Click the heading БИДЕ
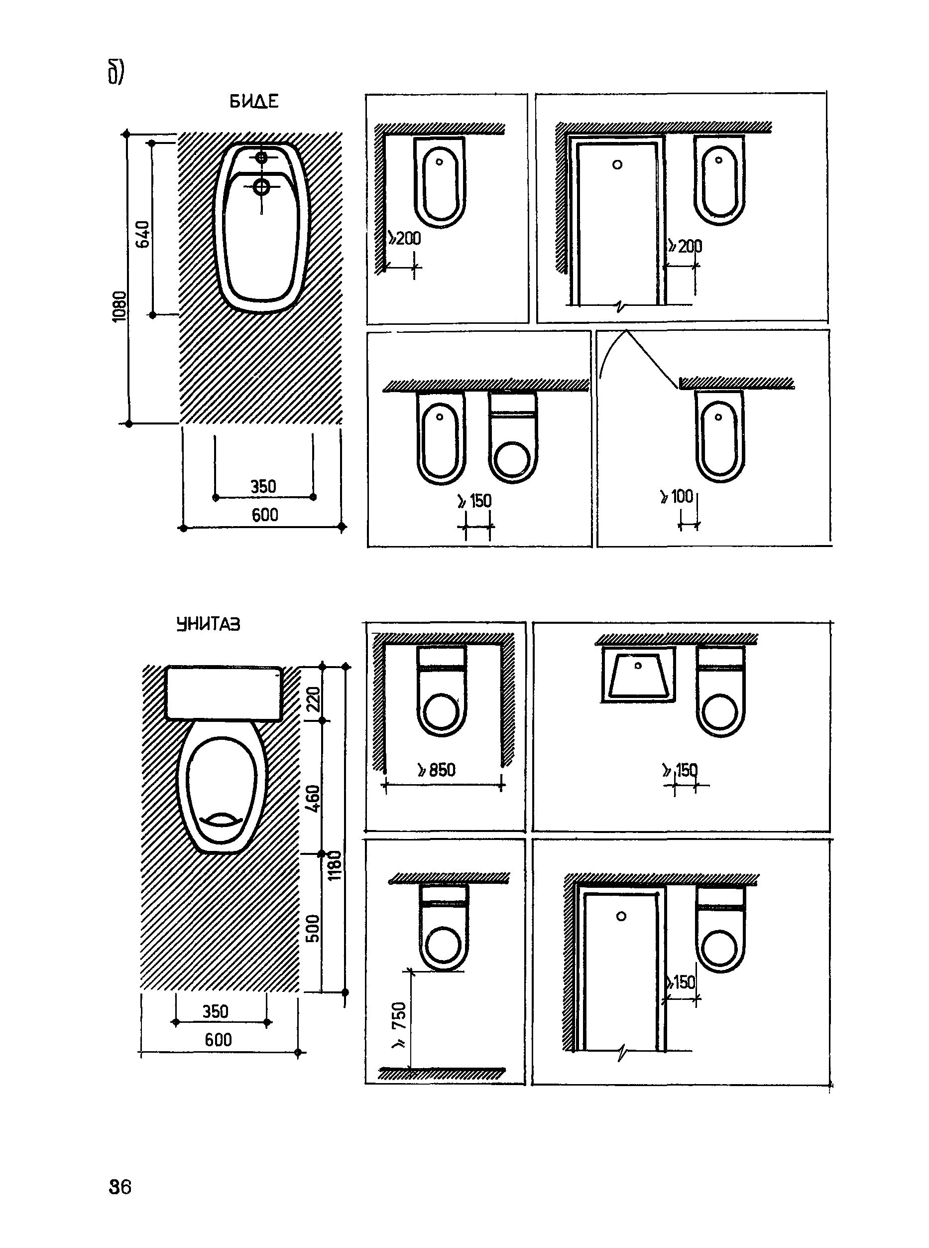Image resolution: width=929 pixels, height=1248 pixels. pyautogui.click(x=253, y=101)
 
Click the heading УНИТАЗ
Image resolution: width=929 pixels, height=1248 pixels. pyautogui.click(x=208, y=624)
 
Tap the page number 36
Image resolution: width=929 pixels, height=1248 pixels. pyautogui.click(x=120, y=1187)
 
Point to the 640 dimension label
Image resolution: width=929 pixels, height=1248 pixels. pyautogui.click(x=143, y=234)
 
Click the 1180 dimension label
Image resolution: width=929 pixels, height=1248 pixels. pyautogui.click(x=335, y=865)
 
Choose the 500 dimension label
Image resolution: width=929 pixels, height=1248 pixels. pyautogui.click(x=313, y=928)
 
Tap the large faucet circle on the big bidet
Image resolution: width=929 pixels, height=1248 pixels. pyautogui.click(x=261, y=186)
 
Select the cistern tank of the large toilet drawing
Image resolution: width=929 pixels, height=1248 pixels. pyautogui.click(x=224, y=693)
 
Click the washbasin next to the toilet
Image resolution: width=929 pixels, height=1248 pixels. pyautogui.click(x=638, y=674)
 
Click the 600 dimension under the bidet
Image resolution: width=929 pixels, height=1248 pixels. pyautogui.click(x=265, y=515)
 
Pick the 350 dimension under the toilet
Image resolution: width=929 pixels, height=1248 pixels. pyautogui.click(x=216, y=1011)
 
